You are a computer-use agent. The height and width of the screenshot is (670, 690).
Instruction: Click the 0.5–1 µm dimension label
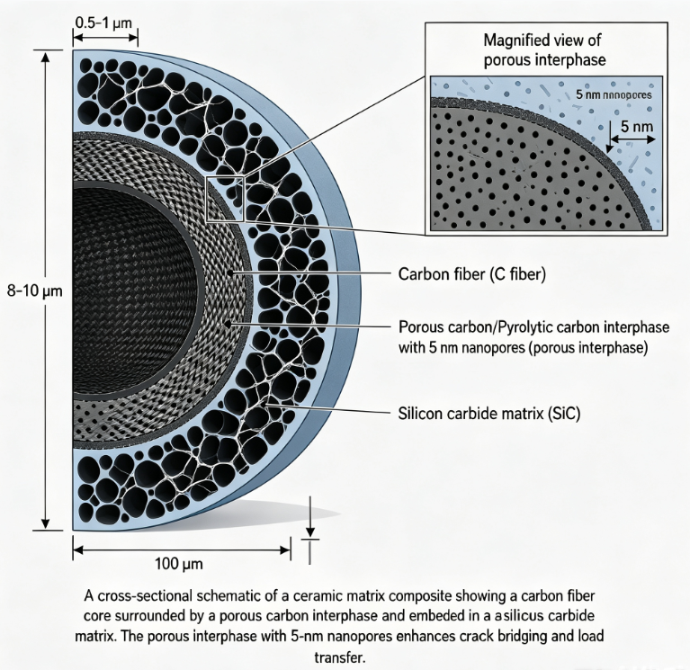pos(103,22)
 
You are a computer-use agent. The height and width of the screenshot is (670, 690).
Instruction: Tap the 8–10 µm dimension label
pos(35,290)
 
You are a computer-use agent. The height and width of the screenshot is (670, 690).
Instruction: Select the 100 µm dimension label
pos(179,564)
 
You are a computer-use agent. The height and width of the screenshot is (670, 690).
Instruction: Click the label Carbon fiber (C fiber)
pos(471,274)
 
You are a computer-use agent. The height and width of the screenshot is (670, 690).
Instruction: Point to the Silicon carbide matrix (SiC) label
pos(489,414)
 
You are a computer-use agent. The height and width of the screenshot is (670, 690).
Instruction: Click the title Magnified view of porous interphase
pos(545,49)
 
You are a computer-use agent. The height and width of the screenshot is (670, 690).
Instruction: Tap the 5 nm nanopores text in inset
pos(614,94)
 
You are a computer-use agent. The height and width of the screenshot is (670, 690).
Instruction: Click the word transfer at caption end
pos(340,657)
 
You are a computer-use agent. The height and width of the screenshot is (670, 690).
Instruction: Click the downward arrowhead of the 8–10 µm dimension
pos(45,524)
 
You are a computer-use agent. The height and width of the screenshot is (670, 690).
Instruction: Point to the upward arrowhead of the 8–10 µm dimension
pos(45,58)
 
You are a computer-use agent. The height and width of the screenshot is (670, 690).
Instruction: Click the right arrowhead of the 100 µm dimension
pos(284,549)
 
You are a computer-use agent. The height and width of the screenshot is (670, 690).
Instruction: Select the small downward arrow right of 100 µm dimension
pos(310,516)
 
